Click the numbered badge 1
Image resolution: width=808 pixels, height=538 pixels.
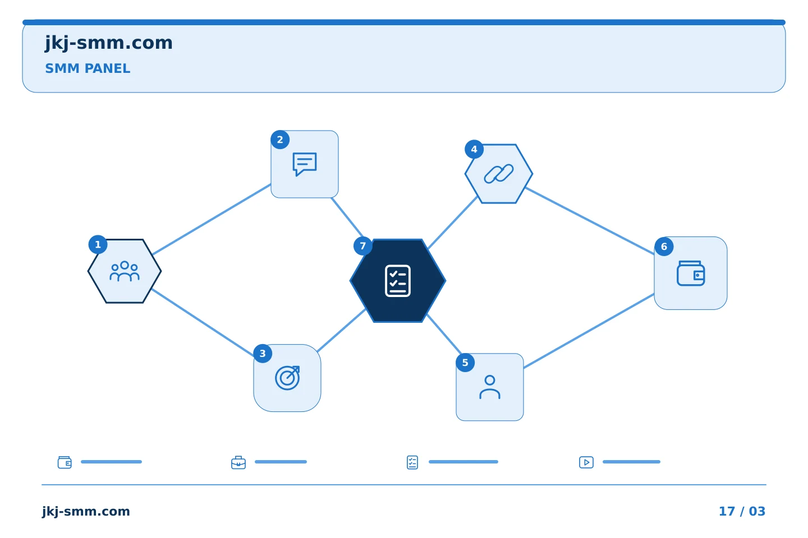tap(98, 245)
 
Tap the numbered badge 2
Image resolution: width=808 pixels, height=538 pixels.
tap(280, 140)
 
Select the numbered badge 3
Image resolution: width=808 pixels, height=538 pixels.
tap(263, 354)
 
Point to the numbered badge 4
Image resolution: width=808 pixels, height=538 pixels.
tap(474, 149)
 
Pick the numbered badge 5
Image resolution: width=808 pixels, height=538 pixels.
tap(465, 363)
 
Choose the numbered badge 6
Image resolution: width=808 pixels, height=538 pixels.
tap(664, 247)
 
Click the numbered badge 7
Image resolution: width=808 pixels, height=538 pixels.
tap(363, 246)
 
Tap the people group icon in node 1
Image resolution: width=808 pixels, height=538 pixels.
tap(125, 271)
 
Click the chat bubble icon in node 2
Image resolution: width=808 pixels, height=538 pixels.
tap(305, 164)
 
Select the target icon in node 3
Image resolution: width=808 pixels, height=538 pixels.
tap(287, 378)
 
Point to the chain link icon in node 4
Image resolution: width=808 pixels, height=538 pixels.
tap(499, 174)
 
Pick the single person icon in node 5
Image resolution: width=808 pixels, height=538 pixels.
tap(490, 387)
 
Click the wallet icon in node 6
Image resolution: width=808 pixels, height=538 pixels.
tap(691, 273)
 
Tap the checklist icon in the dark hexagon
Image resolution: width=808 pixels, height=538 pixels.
tap(398, 281)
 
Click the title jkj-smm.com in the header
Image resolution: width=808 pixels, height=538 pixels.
tap(109, 43)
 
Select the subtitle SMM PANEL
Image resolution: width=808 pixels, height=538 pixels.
tap(88, 68)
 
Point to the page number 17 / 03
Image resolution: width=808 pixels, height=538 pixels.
tap(742, 511)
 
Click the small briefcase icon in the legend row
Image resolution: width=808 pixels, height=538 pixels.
tap(238, 462)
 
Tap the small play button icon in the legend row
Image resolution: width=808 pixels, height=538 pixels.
tap(586, 462)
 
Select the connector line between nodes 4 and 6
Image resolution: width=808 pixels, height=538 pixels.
tap(590, 221)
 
